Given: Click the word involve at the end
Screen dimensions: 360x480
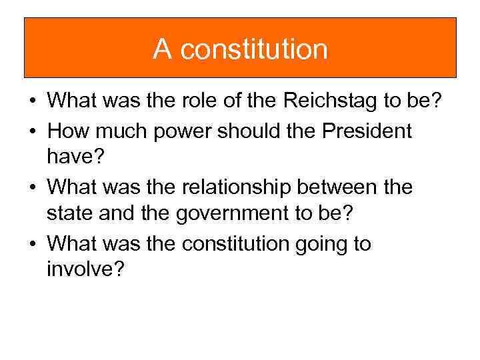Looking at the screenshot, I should click(x=85, y=271).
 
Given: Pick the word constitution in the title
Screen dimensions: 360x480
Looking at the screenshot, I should click(x=253, y=49).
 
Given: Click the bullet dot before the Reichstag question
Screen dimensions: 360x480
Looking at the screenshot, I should click(x=31, y=101).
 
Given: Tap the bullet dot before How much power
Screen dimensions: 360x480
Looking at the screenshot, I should click(x=31, y=132).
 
